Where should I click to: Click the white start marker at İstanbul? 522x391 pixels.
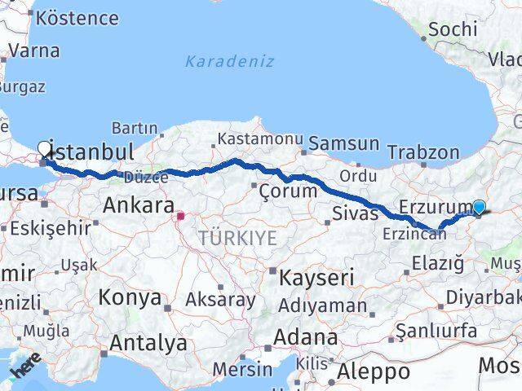[x=45, y=148]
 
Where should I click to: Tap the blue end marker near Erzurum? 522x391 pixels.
[x=479, y=207]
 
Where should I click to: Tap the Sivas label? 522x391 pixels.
[x=356, y=213]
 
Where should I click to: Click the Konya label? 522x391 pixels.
[x=130, y=297]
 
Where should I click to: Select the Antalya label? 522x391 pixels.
[x=148, y=343]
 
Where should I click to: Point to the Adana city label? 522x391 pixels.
[x=306, y=336]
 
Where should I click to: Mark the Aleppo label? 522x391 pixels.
[x=374, y=372]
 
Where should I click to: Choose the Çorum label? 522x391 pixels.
[x=286, y=191]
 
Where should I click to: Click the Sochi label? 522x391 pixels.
[x=452, y=29]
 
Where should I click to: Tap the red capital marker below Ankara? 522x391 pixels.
[x=182, y=217]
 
